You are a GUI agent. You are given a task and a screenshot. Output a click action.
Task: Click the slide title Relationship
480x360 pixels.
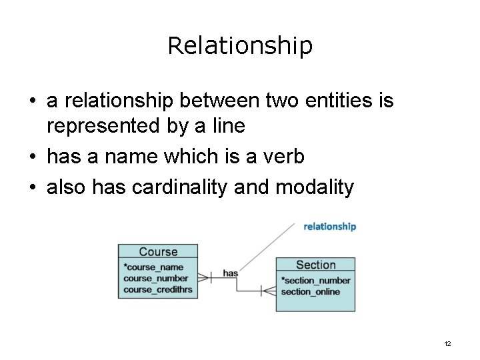[240, 45]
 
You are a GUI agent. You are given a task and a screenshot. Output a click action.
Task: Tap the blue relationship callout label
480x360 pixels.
[329, 227]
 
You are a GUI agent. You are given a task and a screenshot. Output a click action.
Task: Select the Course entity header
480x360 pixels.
[158, 251]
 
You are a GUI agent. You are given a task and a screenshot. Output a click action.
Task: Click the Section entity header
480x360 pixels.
[315, 265]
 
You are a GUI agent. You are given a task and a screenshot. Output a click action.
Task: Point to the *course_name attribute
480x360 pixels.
[153, 267]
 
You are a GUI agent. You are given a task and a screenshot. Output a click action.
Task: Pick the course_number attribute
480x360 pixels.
[156, 278]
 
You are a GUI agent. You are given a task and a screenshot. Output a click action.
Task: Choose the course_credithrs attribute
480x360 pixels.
[157, 289]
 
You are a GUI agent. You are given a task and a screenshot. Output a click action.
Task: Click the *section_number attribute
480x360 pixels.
[315, 281]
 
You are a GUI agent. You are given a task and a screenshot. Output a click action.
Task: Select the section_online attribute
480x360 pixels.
[311, 291]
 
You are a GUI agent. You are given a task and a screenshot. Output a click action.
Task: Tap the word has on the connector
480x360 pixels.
[230, 273]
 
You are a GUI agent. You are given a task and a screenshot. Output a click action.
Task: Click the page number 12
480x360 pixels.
[447, 343]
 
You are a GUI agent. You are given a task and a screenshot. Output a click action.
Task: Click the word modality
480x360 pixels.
[311, 188]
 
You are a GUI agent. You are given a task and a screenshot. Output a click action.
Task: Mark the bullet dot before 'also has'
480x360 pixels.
[33, 188]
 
